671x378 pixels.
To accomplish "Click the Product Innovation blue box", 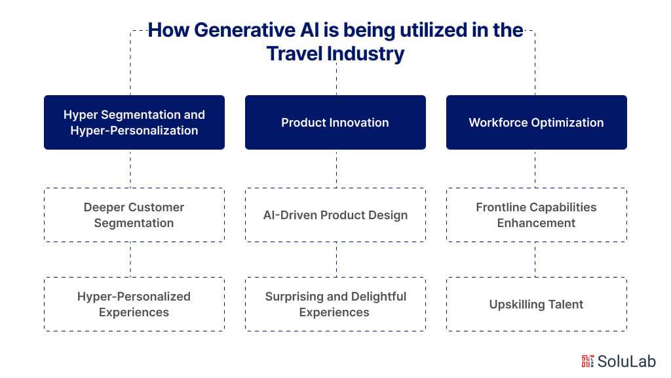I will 335,123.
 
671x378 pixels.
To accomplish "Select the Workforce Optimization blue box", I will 536,123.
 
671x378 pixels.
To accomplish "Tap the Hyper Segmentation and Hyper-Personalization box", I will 134,123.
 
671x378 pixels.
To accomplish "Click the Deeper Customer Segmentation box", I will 134,215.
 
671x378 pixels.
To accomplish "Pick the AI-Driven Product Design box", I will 335,215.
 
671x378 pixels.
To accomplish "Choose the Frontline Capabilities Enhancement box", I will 536,215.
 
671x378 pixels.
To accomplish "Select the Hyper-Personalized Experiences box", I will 134,304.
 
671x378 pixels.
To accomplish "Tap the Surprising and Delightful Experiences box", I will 335,304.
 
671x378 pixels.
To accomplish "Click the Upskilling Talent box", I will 536,304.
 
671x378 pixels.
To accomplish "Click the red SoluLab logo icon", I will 587,360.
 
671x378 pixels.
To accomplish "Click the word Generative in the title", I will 227,31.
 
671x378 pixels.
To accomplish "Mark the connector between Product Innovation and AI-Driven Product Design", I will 336,169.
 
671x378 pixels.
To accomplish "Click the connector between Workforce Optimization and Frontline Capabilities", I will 535,169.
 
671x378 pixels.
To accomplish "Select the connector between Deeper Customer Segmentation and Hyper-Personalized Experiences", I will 130,259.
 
